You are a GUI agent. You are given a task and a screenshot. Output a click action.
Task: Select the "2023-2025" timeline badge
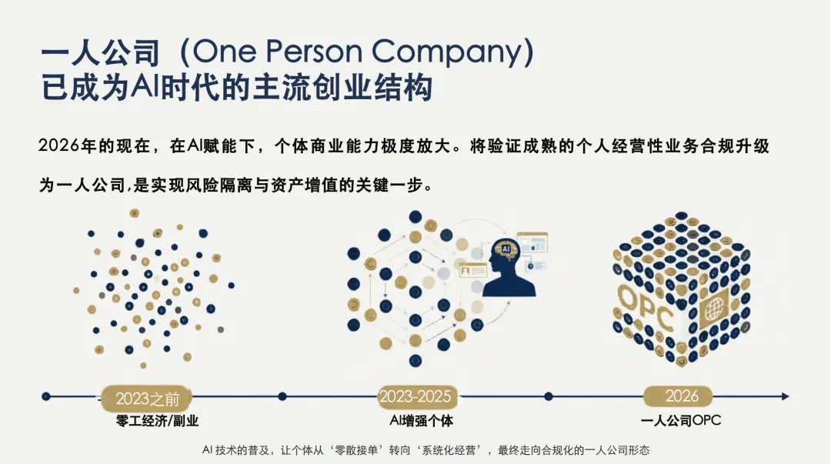(415, 396)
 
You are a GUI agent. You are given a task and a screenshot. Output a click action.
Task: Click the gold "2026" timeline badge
(681, 396)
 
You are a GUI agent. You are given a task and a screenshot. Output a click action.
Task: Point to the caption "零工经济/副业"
(152, 421)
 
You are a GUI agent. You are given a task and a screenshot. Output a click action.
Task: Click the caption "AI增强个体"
(421, 421)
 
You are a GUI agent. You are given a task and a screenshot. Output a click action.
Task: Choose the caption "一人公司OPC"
(681, 421)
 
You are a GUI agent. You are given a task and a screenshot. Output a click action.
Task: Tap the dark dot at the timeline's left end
(46, 396)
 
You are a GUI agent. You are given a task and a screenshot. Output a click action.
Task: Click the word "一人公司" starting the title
(99, 52)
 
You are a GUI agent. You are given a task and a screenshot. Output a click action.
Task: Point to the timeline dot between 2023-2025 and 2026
(548, 396)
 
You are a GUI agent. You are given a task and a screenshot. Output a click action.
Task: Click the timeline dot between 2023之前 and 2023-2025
(282, 396)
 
